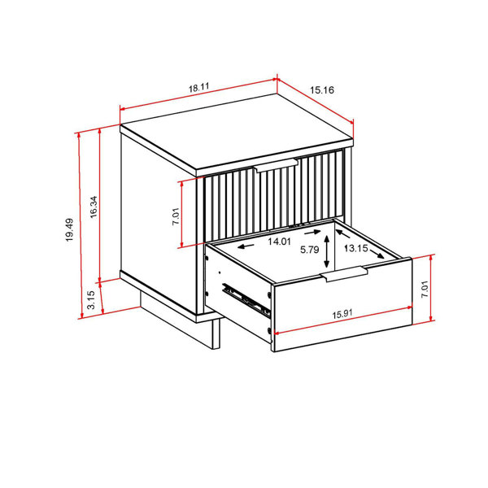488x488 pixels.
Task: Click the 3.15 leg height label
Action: click(x=92, y=300)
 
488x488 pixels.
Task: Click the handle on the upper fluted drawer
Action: click(x=277, y=168)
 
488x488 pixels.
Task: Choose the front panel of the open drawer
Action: click(x=342, y=313)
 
